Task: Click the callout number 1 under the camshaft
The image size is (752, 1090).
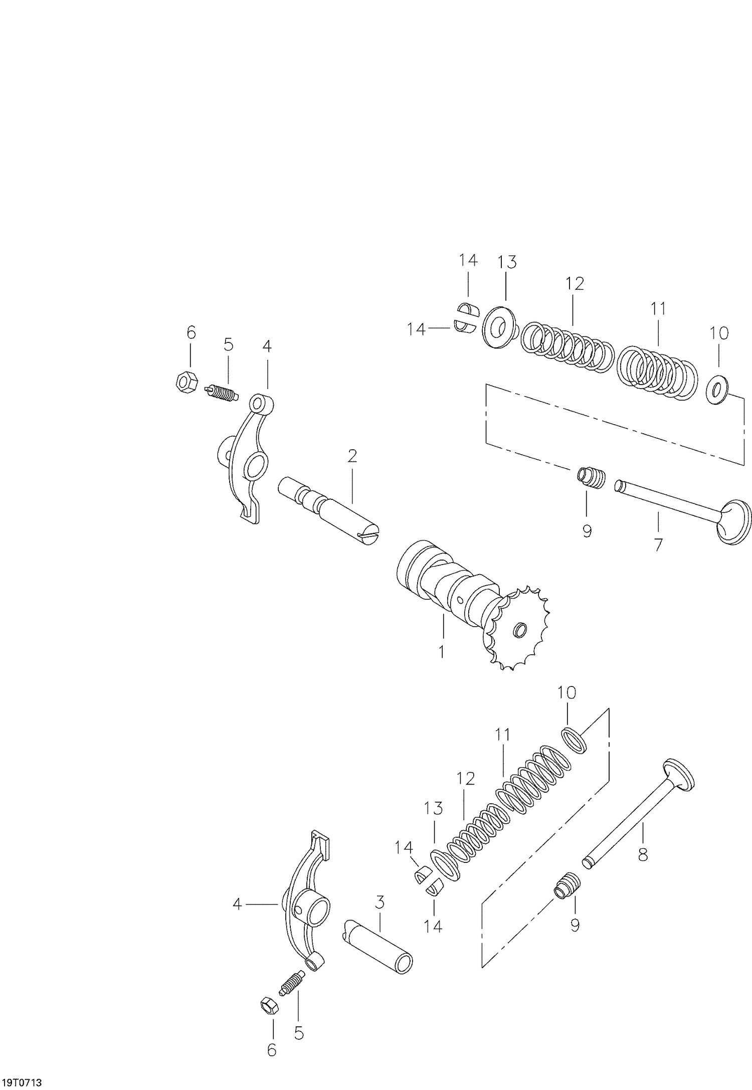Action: tap(442, 652)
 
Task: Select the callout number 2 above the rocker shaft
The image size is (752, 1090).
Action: tap(352, 456)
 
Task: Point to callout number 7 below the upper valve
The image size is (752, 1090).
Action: tap(658, 544)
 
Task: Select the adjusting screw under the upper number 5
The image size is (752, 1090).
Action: tap(222, 393)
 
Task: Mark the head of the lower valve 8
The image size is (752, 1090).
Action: tap(678, 775)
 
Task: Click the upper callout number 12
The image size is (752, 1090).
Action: tap(575, 284)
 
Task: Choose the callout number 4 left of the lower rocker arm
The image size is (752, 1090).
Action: tap(237, 904)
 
